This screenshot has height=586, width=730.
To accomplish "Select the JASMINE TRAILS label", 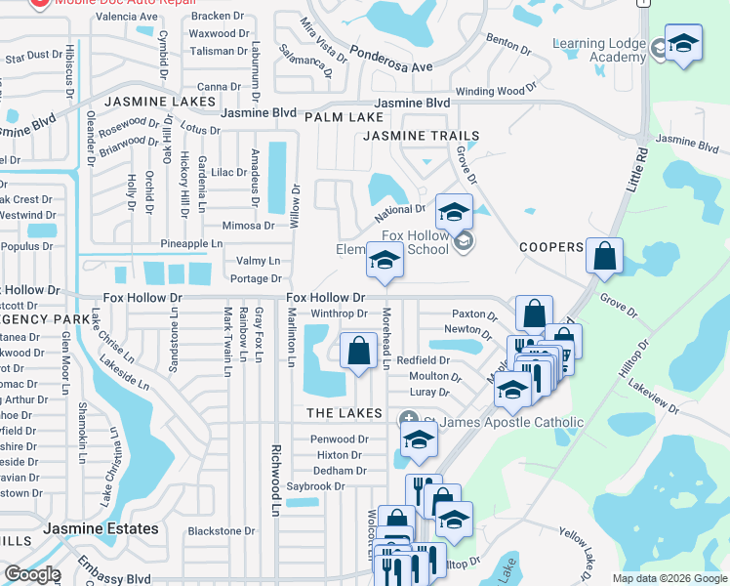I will click(422, 136).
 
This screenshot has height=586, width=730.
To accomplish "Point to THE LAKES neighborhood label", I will click(344, 414).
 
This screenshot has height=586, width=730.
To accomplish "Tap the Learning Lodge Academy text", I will click(599, 50).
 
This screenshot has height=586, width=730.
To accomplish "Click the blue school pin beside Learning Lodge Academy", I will click(683, 43).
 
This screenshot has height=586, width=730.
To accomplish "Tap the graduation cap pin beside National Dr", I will click(454, 211).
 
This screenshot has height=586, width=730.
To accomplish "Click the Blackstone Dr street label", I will click(221, 531).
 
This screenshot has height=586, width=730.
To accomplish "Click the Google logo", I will click(32, 574).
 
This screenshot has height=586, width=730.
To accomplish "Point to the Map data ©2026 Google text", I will click(669, 578).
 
